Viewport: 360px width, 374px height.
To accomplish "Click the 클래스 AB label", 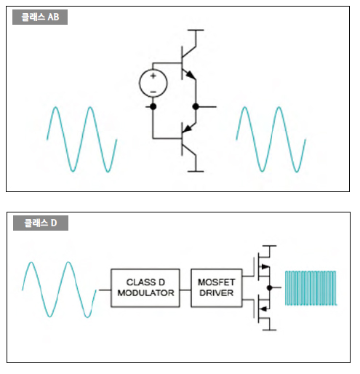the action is pos(40,17).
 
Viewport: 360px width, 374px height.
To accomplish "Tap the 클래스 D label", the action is pos(41,223).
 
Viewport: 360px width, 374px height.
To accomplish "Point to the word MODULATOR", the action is pos(145,293).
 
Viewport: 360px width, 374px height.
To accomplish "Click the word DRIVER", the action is pos(217,293).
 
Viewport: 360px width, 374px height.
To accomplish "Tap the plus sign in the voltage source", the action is pos(153,76).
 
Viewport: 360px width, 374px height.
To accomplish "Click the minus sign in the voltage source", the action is pos(153,92).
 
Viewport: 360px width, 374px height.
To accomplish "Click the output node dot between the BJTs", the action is pos(196,106).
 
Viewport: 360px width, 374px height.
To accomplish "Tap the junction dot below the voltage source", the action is pos(153,106).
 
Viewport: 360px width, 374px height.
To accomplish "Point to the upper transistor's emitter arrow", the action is pos(191,75).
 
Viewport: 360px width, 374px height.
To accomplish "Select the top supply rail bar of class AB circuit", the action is pos(196,30).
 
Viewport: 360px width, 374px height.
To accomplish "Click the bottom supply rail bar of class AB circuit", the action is pos(196,172).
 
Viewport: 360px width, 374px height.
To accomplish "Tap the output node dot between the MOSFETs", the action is pos(269,287).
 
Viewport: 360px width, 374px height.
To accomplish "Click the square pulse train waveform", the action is pos(311,288).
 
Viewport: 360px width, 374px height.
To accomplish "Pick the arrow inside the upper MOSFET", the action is pos(265,267).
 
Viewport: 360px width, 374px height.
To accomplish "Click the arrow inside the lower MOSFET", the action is pos(264,309).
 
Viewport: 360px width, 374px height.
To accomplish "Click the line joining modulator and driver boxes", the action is pos(185,290).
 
